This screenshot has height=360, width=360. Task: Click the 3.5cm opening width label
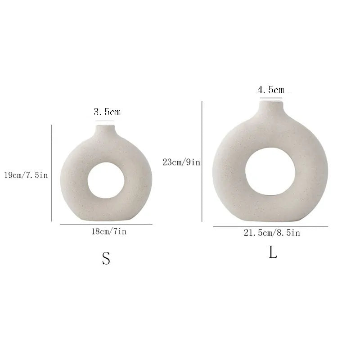(x=107, y=112)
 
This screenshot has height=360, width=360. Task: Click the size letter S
(x=106, y=258)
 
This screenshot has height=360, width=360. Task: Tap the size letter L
(x=273, y=252)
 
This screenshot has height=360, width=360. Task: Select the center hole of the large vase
(x=270, y=170)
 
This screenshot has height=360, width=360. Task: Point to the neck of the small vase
(x=104, y=130)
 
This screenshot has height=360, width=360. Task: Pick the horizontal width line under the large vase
(x=270, y=226)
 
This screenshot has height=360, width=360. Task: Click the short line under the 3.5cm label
(x=105, y=121)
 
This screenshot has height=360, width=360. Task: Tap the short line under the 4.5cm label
(x=271, y=98)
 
